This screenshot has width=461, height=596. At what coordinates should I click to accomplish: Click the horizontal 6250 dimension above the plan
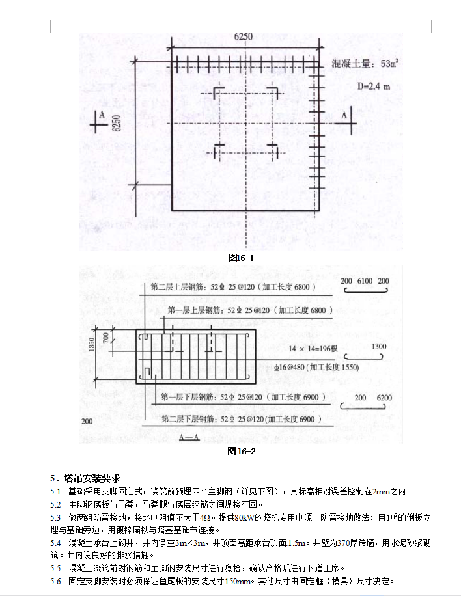243,36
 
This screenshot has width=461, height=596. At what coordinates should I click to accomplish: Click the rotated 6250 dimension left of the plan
117,122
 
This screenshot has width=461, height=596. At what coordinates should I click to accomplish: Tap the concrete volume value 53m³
389,64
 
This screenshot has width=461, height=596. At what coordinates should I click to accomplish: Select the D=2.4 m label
373,85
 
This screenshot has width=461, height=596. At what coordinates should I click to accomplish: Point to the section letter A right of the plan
344,114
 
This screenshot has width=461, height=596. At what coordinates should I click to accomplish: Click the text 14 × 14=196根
314,349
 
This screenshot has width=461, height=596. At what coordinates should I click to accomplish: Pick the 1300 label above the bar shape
379,347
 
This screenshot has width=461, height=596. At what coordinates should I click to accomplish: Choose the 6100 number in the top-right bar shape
365,280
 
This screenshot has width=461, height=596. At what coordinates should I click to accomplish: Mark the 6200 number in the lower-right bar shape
384,397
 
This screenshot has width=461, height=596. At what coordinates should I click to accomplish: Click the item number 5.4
55,543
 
